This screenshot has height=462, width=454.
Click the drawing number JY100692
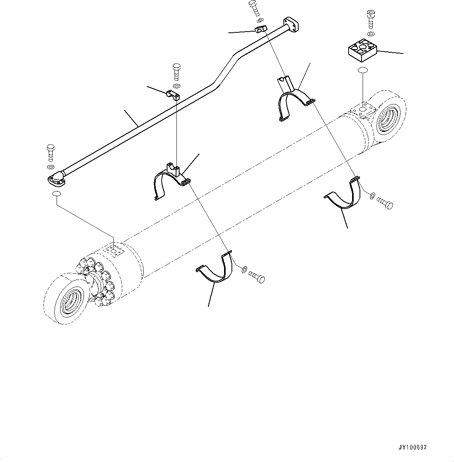tap(413, 448)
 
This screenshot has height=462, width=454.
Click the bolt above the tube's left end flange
tap(51, 152)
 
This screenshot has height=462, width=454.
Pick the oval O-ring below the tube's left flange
tap(57, 194)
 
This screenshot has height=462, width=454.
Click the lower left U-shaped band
tap(215, 272)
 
